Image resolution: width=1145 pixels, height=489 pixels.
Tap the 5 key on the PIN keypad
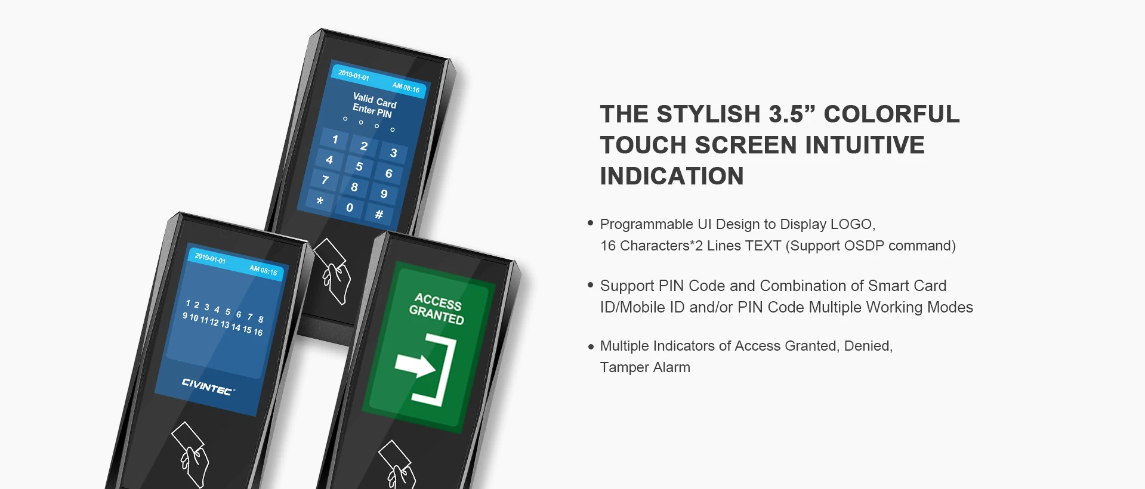point(359,166)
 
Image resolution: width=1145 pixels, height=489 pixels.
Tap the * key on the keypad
point(320,200)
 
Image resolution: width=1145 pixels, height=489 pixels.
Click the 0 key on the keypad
point(350,208)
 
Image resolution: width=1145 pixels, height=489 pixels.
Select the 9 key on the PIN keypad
point(384,194)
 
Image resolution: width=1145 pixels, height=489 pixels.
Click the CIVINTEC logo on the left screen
point(208,386)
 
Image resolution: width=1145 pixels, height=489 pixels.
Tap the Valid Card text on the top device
point(375,100)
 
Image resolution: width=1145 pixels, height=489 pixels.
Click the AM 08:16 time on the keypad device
point(406,87)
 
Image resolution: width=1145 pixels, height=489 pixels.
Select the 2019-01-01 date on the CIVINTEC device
point(210,258)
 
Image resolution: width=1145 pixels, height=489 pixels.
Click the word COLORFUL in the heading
point(891,114)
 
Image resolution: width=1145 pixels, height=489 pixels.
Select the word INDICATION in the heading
point(672,176)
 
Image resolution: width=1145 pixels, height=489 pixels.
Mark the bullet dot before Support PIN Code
point(591,285)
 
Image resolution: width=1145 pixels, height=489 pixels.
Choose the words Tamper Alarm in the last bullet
point(645,367)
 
